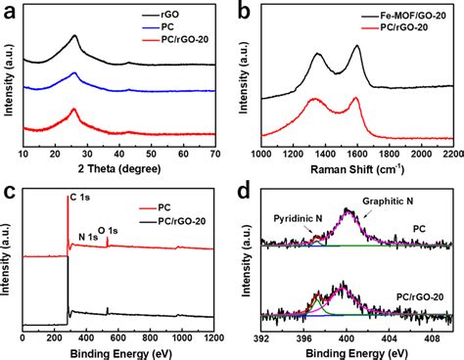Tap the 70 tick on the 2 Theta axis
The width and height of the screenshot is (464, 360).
pyautogui.click(x=216, y=154)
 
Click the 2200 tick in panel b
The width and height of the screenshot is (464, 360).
pyautogui.click(x=449, y=154)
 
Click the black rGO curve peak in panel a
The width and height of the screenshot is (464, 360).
pyautogui.click(x=75, y=37)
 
